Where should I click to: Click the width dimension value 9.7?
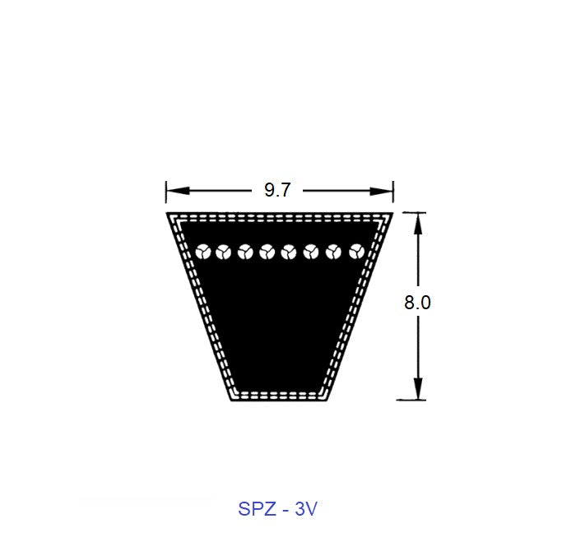tap(277, 191)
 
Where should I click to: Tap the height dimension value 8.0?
tap(417, 302)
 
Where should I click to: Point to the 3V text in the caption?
tap(305, 508)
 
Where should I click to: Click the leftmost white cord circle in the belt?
tap(200, 252)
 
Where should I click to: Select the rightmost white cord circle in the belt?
tap(356, 252)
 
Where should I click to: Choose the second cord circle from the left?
tap(222, 252)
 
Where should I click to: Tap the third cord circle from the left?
tap(244, 252)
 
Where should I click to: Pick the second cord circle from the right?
tap(334, 252)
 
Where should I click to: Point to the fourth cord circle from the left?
tap(267, 252)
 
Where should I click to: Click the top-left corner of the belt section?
tap(168, 214)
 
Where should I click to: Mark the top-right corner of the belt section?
tap(392, 214)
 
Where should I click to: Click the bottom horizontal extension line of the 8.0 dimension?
tap(411, 401)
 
